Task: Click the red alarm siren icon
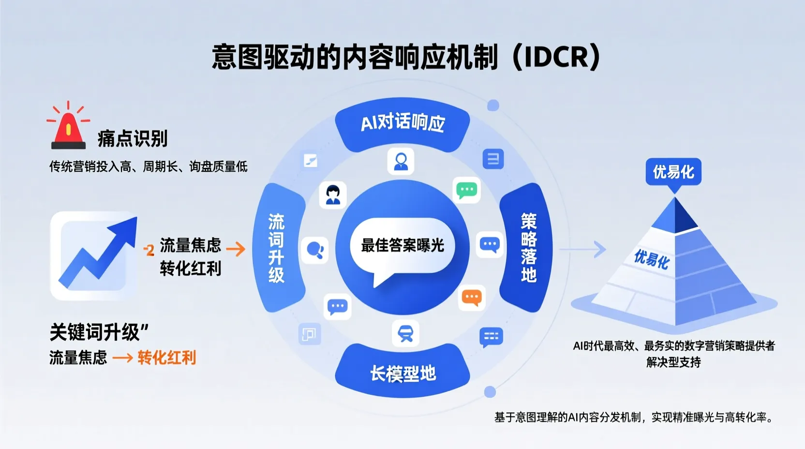(x=68, y=129)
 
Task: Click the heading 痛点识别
(x=133, y=139)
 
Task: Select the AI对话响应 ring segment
(x=402, y=123)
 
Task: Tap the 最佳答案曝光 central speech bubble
(x=402, y=246)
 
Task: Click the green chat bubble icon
(x=467, y=190)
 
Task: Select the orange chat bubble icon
(x=472, y=297)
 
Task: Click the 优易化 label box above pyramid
(x=673, y=172)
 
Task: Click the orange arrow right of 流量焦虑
(x=236, y=249)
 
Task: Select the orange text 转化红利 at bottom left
(x=166, y=358)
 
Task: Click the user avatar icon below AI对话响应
(x=401, y=161)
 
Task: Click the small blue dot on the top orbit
(x=493, y=105)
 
